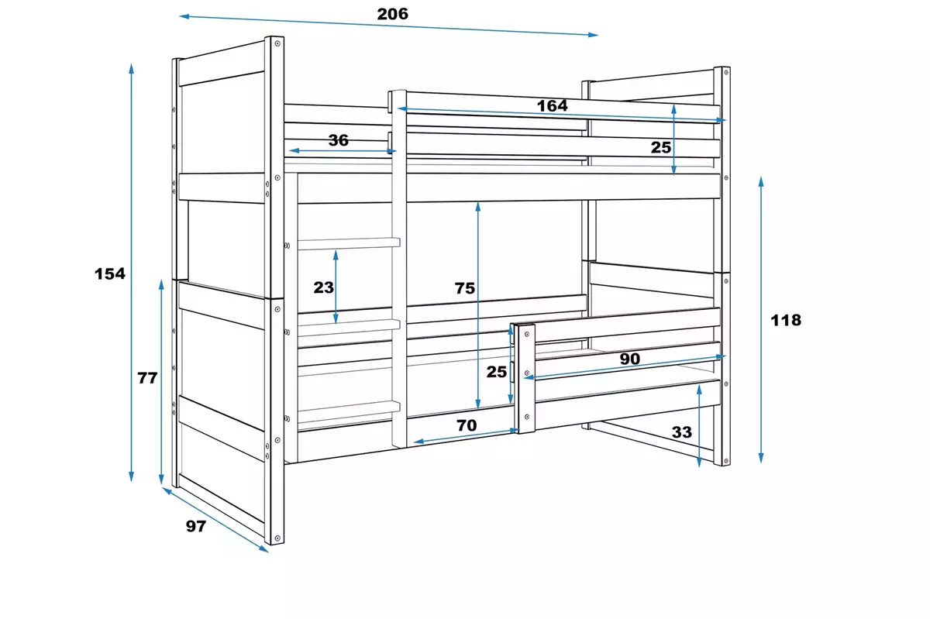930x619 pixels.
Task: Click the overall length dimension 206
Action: tap(392, 14)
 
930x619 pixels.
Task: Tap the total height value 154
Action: tap(109, 273)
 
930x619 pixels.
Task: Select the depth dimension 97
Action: tap(196, 526)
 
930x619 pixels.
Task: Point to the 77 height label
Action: tap(147, 379)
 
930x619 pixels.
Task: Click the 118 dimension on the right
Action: tap(787, 320)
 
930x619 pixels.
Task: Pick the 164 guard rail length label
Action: tap(552, 106)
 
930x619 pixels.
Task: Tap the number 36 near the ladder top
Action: tap(339, 140)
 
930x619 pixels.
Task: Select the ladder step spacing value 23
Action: tap(324, 287)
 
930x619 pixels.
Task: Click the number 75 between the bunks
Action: tap(464, 288)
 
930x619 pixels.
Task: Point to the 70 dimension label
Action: tap(467, 425)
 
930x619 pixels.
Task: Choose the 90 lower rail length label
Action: tap(629, 359)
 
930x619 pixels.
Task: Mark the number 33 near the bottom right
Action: tap(681, 432)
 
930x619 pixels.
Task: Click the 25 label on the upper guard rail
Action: tap(660, 146)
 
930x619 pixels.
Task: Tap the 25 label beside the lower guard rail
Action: tap(497, 372)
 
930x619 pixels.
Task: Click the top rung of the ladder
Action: tap(348, 243)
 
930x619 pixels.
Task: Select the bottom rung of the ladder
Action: tap(348, 406)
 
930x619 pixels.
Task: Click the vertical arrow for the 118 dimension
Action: tap(761, 319)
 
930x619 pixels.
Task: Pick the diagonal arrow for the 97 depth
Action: tap(215, 520)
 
